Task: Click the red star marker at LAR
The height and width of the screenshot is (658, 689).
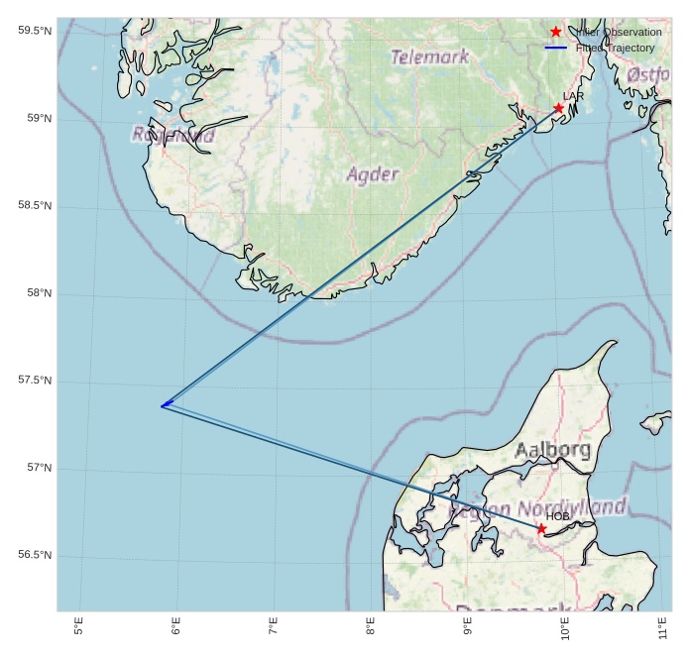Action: (x=559, y=108)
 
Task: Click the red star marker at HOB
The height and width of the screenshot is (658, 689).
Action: (x=541, y=528)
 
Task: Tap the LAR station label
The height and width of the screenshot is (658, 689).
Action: (x=573, y=96)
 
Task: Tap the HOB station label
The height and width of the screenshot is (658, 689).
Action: (x=557, y=516)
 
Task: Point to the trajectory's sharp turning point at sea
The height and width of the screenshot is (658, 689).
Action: (x=163, y=405)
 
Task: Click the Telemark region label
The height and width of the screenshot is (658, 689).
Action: (x=430, y=57)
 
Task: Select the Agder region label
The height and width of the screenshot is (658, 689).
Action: (x=371, y=174)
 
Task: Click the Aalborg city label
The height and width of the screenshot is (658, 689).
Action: (x=552, y=450)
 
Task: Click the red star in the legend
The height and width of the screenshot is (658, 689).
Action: (x=556, y=32)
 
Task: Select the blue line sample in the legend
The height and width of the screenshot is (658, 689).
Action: (x=556, y=48)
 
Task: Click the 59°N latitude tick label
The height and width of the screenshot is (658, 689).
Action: (x=35, y=119)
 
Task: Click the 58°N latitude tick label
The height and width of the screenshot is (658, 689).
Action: (x=35, y=293)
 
